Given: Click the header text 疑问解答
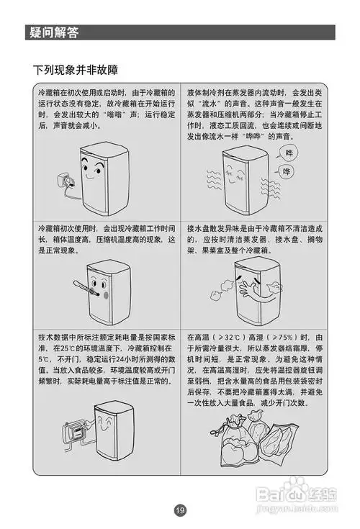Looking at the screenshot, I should click(x=54, y=32).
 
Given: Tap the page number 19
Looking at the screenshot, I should click(x=179, y=510).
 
